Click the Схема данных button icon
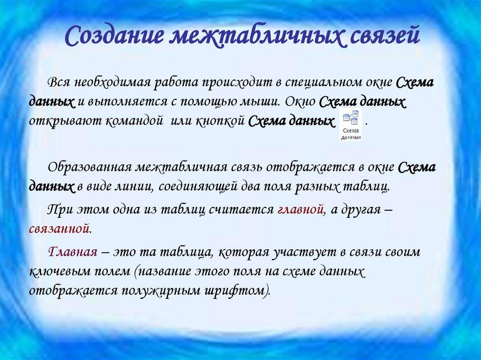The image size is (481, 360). coord(350,125)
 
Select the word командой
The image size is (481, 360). coord(133,121)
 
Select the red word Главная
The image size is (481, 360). coord(73,252)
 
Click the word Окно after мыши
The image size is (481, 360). coord(302,102)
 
